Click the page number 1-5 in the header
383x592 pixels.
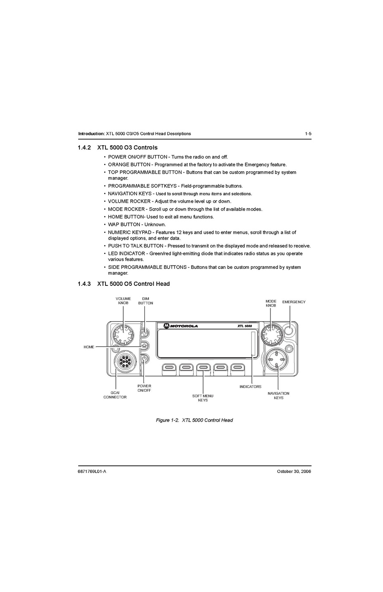click(308, 134)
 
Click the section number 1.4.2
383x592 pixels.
click(84, 147)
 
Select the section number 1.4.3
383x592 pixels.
click(84, 284)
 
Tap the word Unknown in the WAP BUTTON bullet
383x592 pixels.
click(155, 225)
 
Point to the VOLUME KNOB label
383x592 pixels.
click(123, 301)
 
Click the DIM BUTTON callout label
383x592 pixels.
click(146, 301)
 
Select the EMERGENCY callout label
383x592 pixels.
click(294, 302)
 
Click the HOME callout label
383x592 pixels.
click(89, 347)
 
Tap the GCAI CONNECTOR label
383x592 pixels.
click(115, 395)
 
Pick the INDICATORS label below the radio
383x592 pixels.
click(250, 387)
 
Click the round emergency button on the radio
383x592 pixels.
click(290, 330)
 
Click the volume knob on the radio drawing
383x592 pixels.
click(123, 335)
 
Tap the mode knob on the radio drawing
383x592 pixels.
click(272, 335)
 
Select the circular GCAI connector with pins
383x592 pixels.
click(124, 362)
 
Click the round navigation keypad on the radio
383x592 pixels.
click(277, 360)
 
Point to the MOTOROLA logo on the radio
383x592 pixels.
click(181, 326)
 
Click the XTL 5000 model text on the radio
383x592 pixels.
click(244, 326)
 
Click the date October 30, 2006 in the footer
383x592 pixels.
click(294, 472)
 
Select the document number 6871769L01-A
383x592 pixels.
click(92, 472)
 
